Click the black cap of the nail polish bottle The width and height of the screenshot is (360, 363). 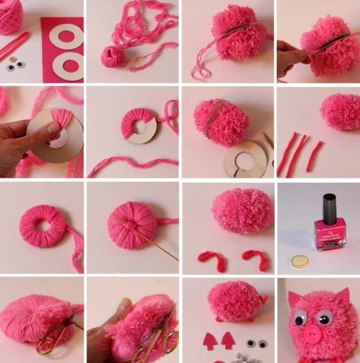click(x=329, y=208)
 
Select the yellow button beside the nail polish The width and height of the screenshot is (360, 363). click(x=300, y=261)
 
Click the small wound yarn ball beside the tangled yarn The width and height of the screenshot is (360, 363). click(x=112, y=57)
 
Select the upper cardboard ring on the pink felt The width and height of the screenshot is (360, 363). click(x=66, y=36)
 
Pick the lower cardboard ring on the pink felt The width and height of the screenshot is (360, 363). click(x=68, y=66)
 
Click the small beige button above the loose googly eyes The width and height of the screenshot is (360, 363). click(x=13, y=59)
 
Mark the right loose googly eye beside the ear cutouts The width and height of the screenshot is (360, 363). click(x=263, y=343)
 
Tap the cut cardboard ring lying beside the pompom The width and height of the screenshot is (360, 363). click(x=247, y=159)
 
